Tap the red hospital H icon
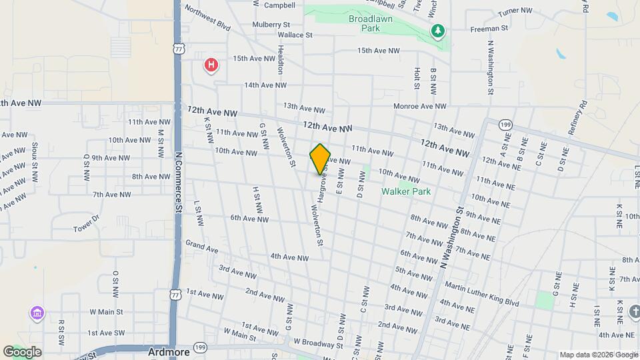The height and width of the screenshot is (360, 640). point(211,65)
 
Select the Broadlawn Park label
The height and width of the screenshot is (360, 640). point(373,24)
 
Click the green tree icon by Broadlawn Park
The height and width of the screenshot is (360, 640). point(437,31)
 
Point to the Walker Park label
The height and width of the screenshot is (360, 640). point(406,191)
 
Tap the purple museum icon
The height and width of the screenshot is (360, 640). point(36,313)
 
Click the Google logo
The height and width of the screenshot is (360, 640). point(22,351)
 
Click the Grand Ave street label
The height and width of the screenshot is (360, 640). point(201,247)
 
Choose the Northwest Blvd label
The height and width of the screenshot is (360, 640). point(207,19)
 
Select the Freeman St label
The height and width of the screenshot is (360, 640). point(489,29)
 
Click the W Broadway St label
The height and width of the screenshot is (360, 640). point(318,344)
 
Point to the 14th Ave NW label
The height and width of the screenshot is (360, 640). point(265,85)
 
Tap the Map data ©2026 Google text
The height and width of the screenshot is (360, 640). point(599,355)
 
